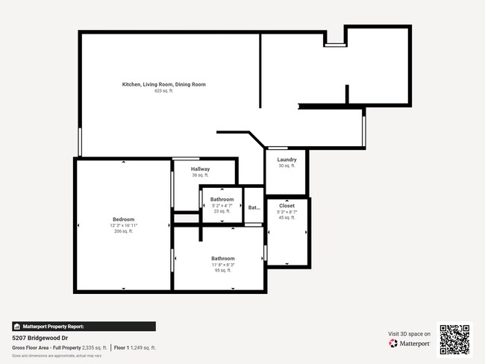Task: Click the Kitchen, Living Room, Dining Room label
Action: (163, 84)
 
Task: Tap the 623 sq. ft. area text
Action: (163, 91)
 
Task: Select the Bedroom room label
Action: (123, 219)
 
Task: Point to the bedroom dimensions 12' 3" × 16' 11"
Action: (123, 225)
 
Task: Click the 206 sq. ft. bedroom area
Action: (123, 231)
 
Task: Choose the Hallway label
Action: (200, 169)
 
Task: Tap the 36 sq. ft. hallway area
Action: (200, 175)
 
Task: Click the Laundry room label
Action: (287, 160)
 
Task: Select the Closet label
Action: (287, 205)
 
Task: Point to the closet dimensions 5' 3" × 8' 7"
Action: (287, 212)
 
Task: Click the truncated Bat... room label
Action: (254, 208)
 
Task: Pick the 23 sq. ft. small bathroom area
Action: (222, 212)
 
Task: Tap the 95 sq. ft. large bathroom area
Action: (222, 271)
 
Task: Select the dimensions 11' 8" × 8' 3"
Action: (222, 265)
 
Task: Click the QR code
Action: (454, 339)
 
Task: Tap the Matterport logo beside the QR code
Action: (410, 344)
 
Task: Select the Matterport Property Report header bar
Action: (84, 326)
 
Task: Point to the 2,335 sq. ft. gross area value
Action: (93, 348)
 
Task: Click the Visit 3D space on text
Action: (410, 333)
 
